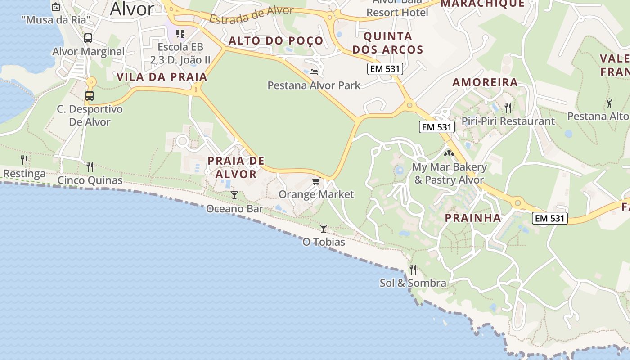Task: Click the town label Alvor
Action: [x=132, y=8]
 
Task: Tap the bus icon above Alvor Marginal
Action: [x=88, y=38]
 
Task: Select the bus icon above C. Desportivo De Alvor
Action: [x=90, y=95]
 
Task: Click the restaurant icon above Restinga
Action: [x=24, y=160]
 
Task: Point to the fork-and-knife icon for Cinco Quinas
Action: [x=90, y=167]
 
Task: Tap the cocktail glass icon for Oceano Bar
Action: [x=234, y=195]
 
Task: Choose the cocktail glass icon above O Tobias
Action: [x=324, y=228]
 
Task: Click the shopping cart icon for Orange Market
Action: [x=316, y=181]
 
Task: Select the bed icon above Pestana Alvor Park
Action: [x=314, y=72]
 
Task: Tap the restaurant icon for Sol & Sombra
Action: [x=413, y=269]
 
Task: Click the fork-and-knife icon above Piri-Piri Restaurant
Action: [x=508, y=108]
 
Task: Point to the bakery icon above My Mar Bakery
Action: [x=449, y=153]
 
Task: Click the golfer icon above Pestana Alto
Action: [x=609, y=103]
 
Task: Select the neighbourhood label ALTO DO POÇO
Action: [x=276, y=41]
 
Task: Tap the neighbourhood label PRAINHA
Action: [x=473, y=218]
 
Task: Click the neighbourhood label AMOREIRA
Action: [x=485, y=82]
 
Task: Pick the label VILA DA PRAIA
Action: [x=162, y=77]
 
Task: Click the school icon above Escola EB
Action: [x=180, y=33]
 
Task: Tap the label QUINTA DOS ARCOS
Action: [x=388, y=43]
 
